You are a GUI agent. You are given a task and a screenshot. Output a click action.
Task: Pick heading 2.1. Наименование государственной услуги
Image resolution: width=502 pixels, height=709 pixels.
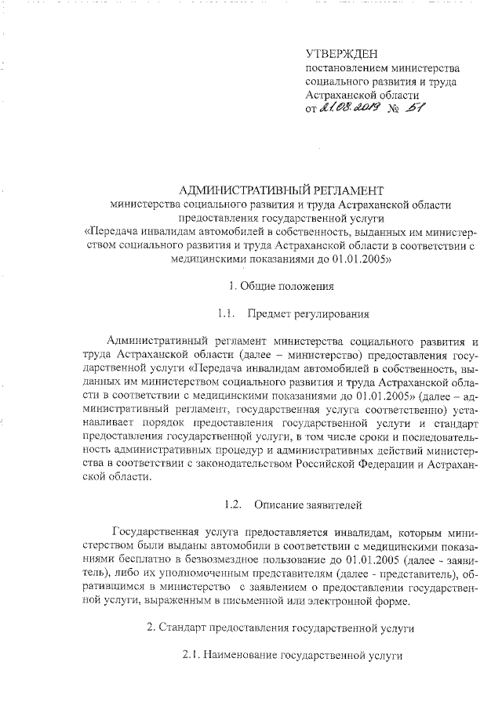[292, 657]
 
